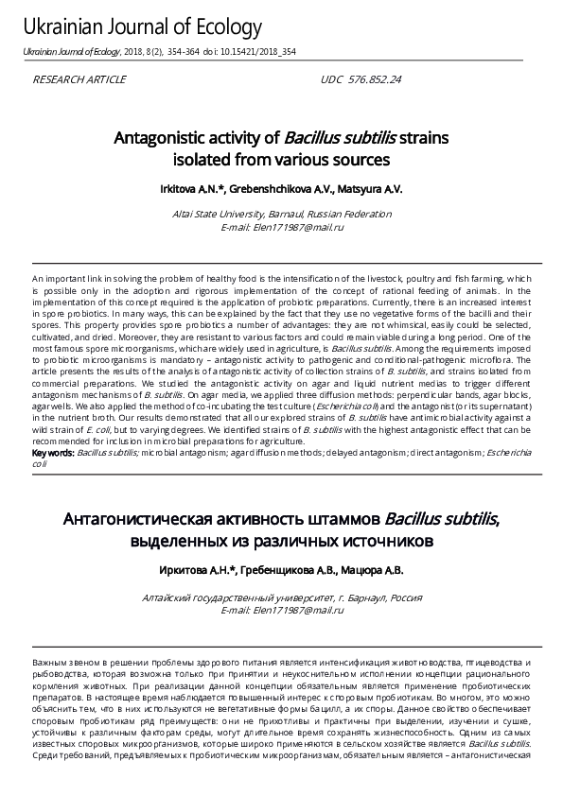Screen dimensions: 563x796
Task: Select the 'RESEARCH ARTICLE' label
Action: tap(79, 80)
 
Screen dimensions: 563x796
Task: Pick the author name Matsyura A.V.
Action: tap(370, 189)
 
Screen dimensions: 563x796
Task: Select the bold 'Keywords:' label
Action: tap(53, 453)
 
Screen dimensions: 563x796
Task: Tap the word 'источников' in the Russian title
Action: tap(387, 542)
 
